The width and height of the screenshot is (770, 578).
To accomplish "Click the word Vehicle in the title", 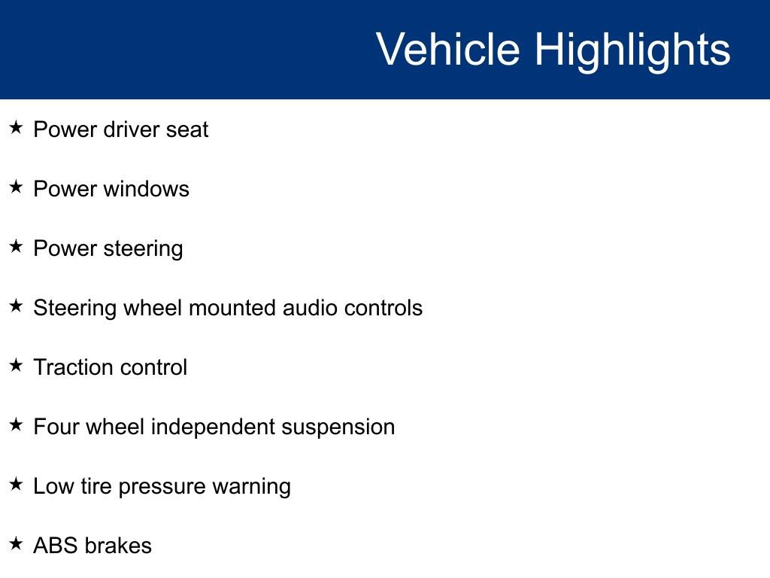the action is [448, 49].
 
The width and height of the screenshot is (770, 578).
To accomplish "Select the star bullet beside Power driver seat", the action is [16, 127].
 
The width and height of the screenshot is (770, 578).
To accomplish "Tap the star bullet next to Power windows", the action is [16, 187].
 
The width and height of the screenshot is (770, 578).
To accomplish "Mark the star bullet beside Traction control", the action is [16, 365].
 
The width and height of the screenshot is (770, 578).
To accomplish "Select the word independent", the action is [213, 427].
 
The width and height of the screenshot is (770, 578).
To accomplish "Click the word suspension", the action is [338, 428].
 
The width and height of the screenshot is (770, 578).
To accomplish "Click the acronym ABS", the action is [56, 546].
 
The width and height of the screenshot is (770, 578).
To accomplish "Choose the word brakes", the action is [118, 546].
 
